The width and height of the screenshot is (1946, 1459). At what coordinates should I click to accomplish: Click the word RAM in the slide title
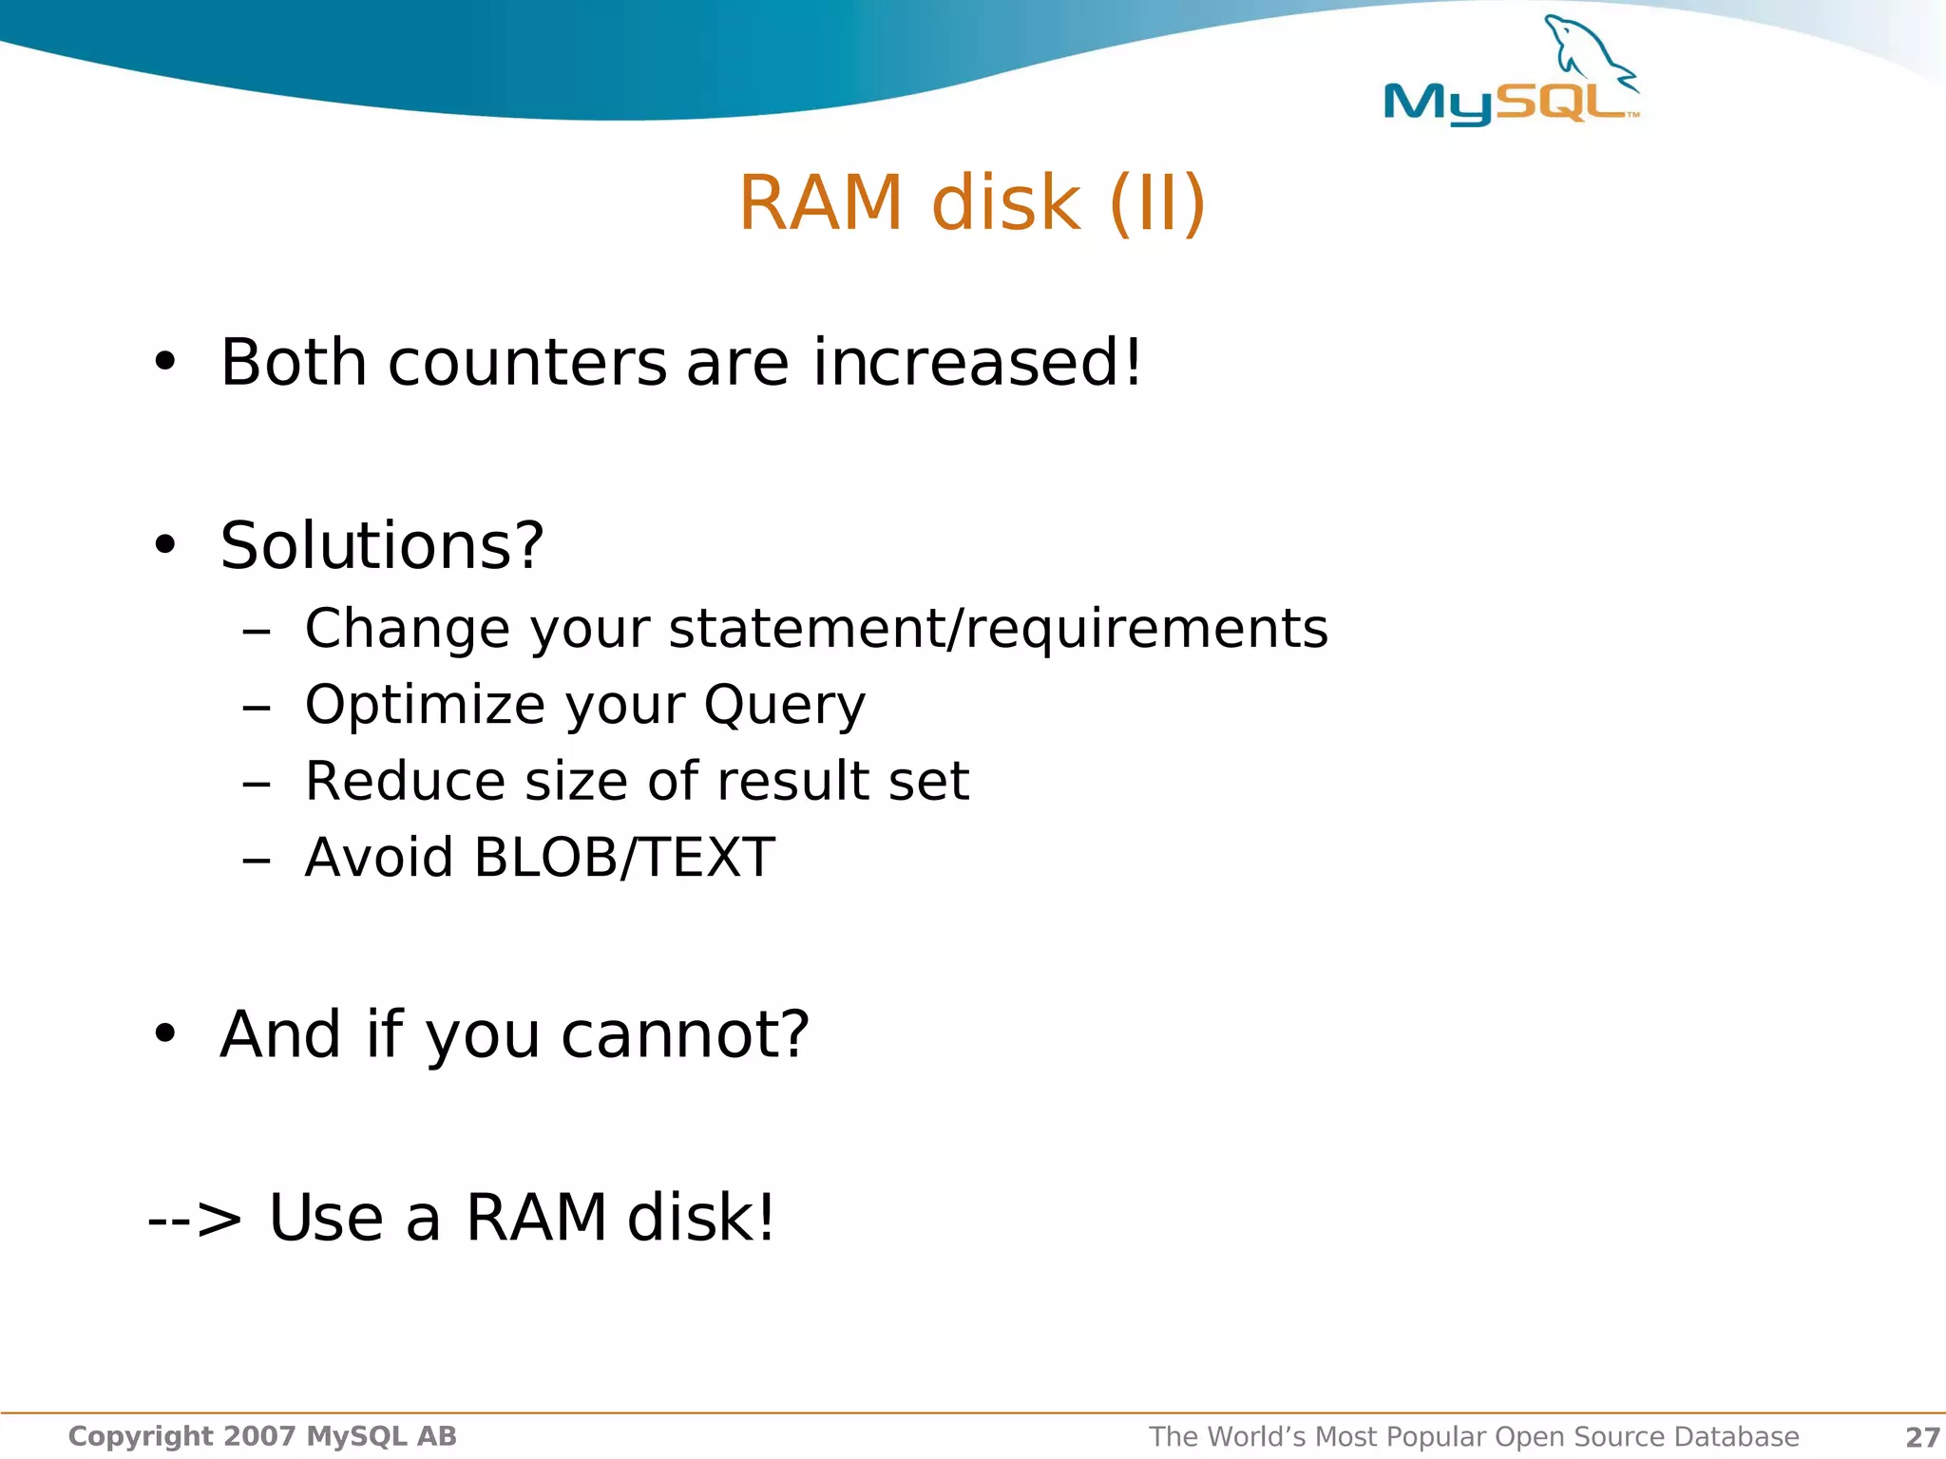coord(821,203)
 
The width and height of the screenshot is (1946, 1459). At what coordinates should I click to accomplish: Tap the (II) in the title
coord(1156,203)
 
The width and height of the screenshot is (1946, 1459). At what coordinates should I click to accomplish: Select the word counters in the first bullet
coord(527,363)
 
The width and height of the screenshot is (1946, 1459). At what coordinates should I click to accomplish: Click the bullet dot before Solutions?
coord(165,545)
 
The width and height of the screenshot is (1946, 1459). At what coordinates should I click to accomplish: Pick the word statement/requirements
coord(998,629)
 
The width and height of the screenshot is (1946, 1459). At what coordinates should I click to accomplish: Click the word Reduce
coord(403,782)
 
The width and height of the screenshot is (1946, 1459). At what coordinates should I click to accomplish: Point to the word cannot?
coord(685,1034)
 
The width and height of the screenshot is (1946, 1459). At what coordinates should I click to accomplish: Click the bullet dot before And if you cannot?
coord(165,1033)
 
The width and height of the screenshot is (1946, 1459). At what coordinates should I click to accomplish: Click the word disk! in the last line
coord(701,1218)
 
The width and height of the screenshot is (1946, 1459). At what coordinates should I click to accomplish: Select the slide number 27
coord(1922,1437)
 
